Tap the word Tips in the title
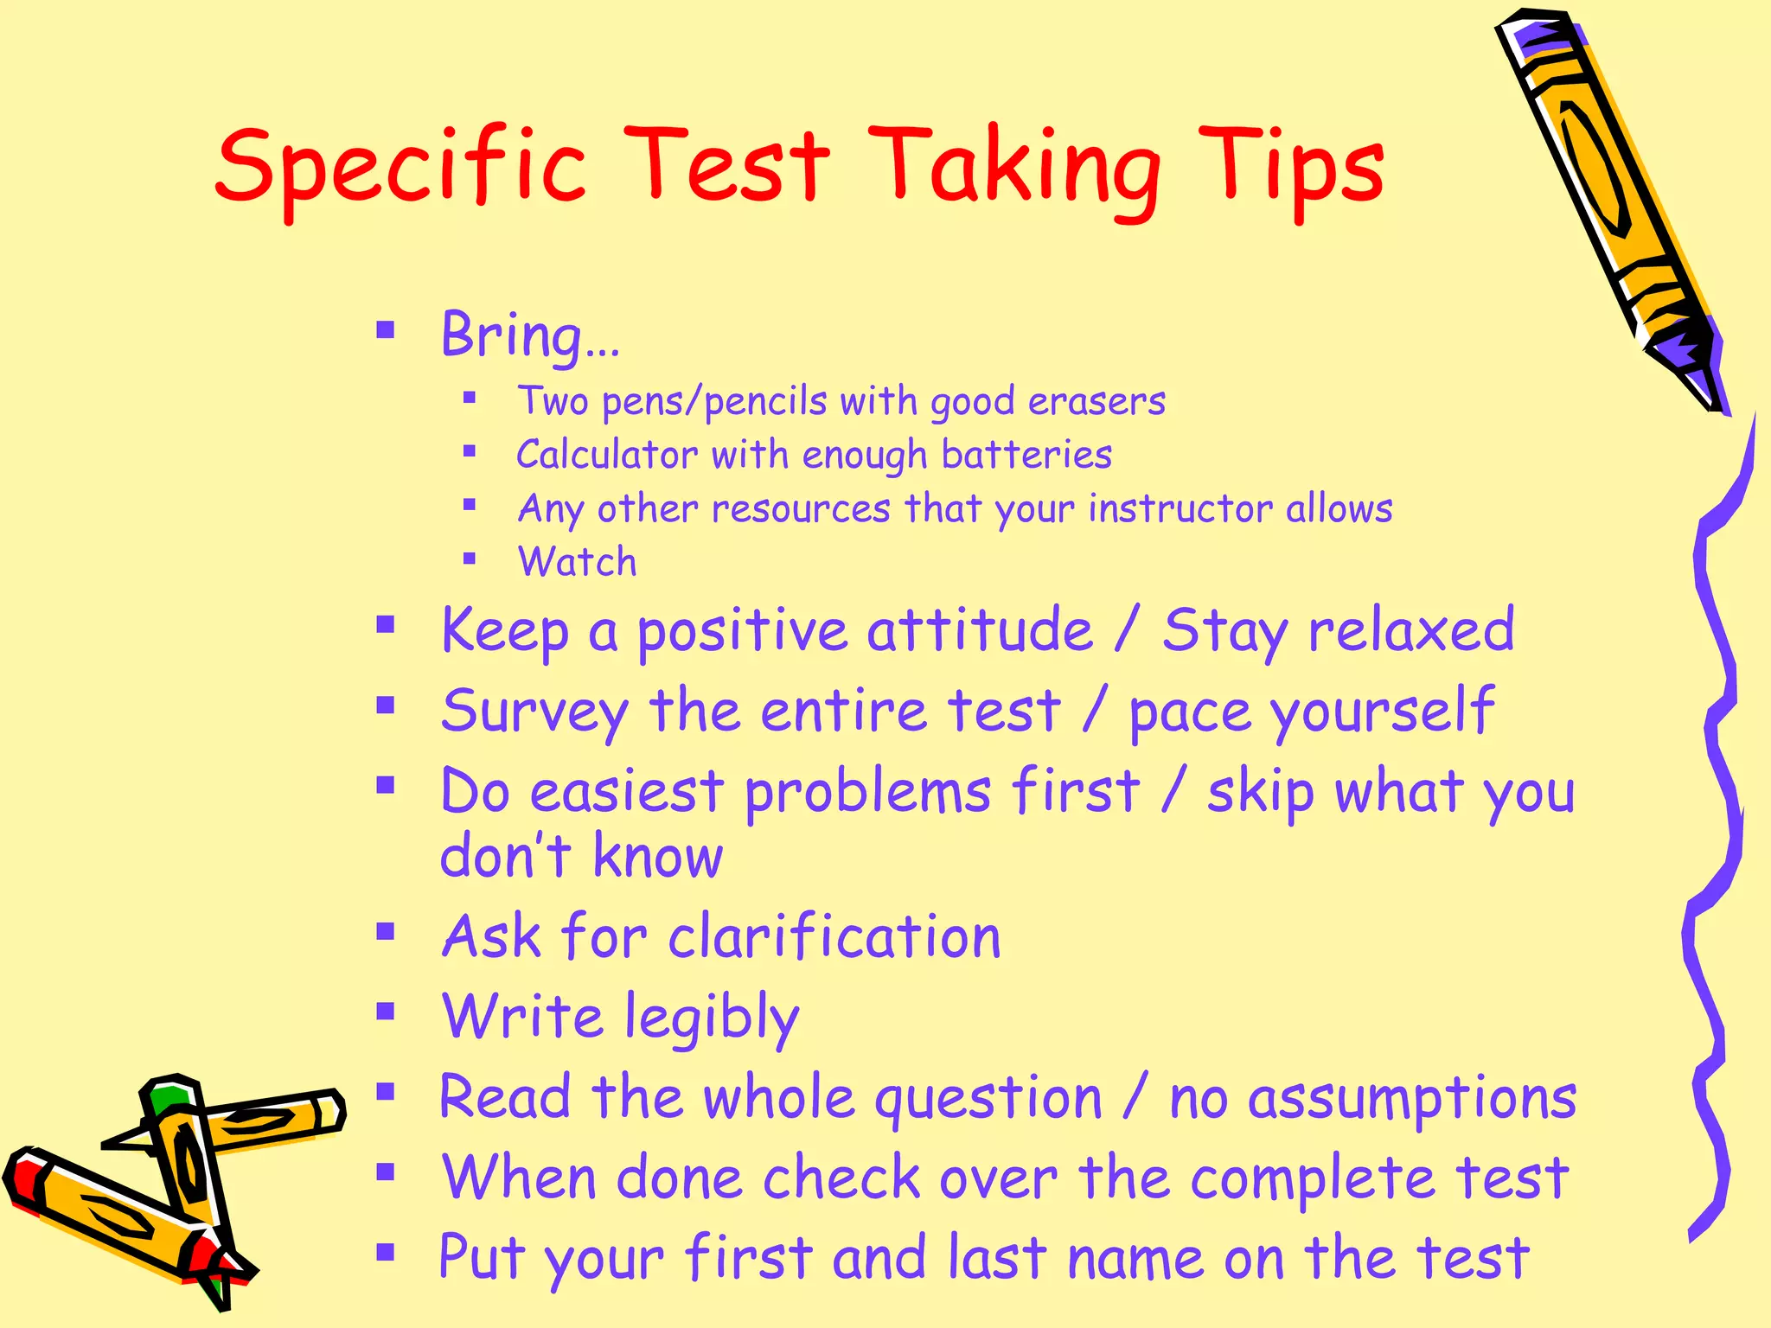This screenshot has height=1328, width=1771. click(1292, 166)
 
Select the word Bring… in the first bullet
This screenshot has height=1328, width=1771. click(529, 335)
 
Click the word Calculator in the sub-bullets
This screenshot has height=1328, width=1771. click(606, 455)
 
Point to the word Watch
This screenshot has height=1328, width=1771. click(577, 562)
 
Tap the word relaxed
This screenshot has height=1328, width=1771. click(1410, 629)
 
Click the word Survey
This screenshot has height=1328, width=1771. click(534, 712)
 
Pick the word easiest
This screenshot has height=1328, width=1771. click(626, 792)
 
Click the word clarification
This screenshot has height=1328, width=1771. click(834, 937)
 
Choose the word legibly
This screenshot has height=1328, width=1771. click(712, 1018)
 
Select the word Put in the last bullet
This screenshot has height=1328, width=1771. click(481, 1259)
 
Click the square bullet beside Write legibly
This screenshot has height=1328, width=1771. click(386, 1011)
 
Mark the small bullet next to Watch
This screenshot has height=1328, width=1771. click(470, 559)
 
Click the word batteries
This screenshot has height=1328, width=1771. click(1026, 455)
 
